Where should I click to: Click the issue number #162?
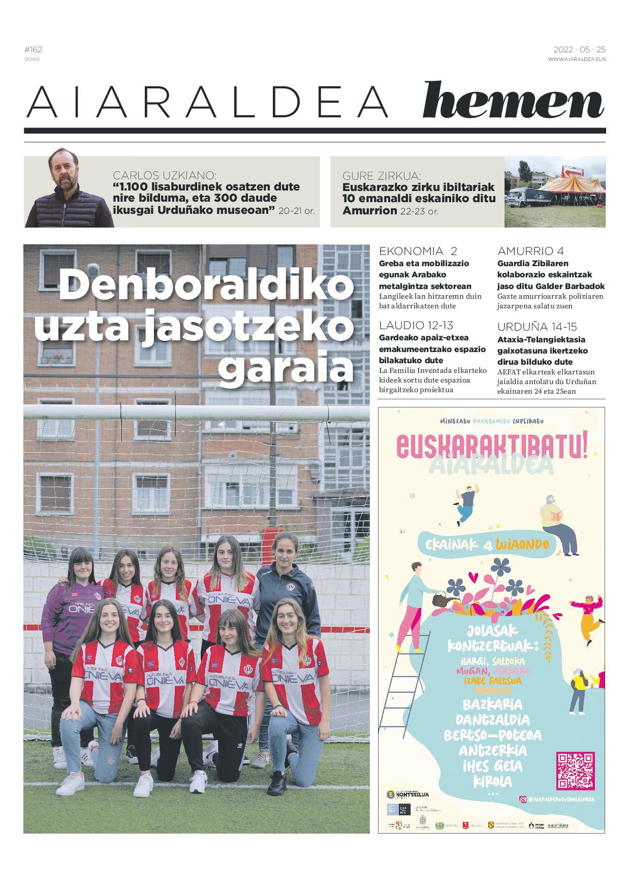tap(33, 49)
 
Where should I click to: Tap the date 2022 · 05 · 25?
tap(579, 50)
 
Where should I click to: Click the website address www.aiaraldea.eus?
tap(577, 59)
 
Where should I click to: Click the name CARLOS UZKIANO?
tap(165, 175)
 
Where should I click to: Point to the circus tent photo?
tap(555, 192)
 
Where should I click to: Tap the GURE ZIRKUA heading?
tap(382, 176)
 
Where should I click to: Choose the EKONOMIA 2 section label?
tap(418, 251)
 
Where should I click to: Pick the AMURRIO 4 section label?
tap(530, 251)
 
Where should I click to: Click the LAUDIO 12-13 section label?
tap(416, 325)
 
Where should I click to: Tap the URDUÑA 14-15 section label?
tap(537, 327)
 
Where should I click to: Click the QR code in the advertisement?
tap(575, 771)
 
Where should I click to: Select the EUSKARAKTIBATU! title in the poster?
tap(491, 445)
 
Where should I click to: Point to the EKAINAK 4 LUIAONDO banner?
tap(487, 545)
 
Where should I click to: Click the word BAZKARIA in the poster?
tap(492, 705)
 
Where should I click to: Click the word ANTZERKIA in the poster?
tap(492, 751)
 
